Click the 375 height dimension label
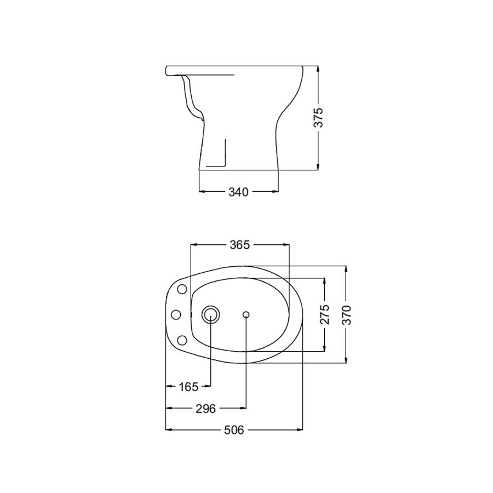[x=319, y=118]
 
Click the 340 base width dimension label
[x=238, y=192]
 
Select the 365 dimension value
[x=239, y=245]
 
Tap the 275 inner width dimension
[x=325, y=314]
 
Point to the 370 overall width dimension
[x=346, y=314]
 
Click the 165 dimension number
[x=188, y=387]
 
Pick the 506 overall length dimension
[x=233, y=429]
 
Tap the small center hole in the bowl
[x=246, y=314]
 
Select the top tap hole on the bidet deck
[x=182, y=289]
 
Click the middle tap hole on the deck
[x=176, y=314]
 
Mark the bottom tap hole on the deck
[x=182, y=340]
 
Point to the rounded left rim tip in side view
[x=166, y=71]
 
